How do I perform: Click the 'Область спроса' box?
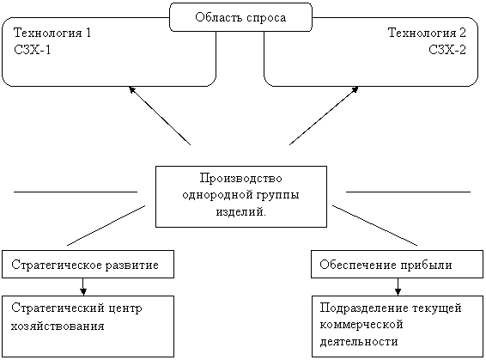point(240,17)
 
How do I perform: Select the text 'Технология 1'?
point(52,34)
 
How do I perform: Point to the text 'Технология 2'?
point(427,34)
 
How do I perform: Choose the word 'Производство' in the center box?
point(240,179)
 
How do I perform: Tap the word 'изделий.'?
point(240,211)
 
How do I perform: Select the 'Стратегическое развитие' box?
point(88,265)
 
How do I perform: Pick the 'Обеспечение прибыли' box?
point(397,265)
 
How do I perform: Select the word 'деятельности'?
point(358,341)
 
